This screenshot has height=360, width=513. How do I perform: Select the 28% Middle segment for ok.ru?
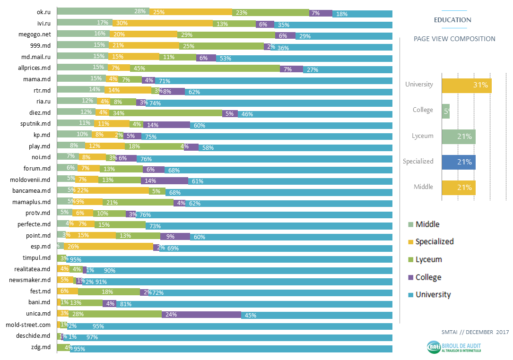(x=103, y=11)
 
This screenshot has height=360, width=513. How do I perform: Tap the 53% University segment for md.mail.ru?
(x=304, y=58)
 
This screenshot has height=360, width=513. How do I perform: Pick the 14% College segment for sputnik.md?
(x=166, y=125)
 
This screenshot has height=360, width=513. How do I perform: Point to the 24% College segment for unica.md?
(x=201, y=315)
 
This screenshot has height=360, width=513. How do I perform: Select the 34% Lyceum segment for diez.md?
(x=165, y=113)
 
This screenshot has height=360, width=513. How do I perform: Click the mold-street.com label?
(x=28, y=325)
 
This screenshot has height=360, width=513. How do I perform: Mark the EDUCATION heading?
(x=452, y=20)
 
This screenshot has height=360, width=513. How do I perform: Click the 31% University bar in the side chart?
(x=466, y=85)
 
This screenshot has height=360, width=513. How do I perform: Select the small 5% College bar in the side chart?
(x=445, y=111)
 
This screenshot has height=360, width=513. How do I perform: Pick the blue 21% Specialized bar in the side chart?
(x=458, y=162)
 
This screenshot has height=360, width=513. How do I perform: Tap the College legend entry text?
(x=428, y=277)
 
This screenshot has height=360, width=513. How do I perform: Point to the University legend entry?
(x=433, y=295)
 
